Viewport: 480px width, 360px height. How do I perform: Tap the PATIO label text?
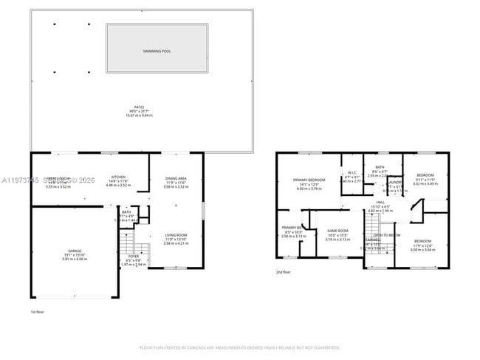coord(139,106)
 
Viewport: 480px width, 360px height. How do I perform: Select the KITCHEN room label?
coord(117,177)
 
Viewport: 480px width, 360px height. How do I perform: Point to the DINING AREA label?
coord(175,178)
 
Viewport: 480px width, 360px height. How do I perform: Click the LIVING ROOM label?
coord(175,235)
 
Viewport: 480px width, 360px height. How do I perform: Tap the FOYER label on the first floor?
coord(133,257)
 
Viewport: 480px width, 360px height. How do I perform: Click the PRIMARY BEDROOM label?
coord(309,180)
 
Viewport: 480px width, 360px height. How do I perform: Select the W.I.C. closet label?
coord(352,172)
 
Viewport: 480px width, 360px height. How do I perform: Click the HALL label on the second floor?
coord(380,201)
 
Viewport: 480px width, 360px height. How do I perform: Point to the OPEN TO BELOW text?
coord(387,235)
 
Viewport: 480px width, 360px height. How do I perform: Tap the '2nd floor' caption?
coord(283,272)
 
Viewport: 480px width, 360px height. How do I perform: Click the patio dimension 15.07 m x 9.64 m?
coord(139,115)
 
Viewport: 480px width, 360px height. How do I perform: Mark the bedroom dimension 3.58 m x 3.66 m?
coord(422,250)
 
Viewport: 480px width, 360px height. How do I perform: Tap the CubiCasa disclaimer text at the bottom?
coord(240,347)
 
